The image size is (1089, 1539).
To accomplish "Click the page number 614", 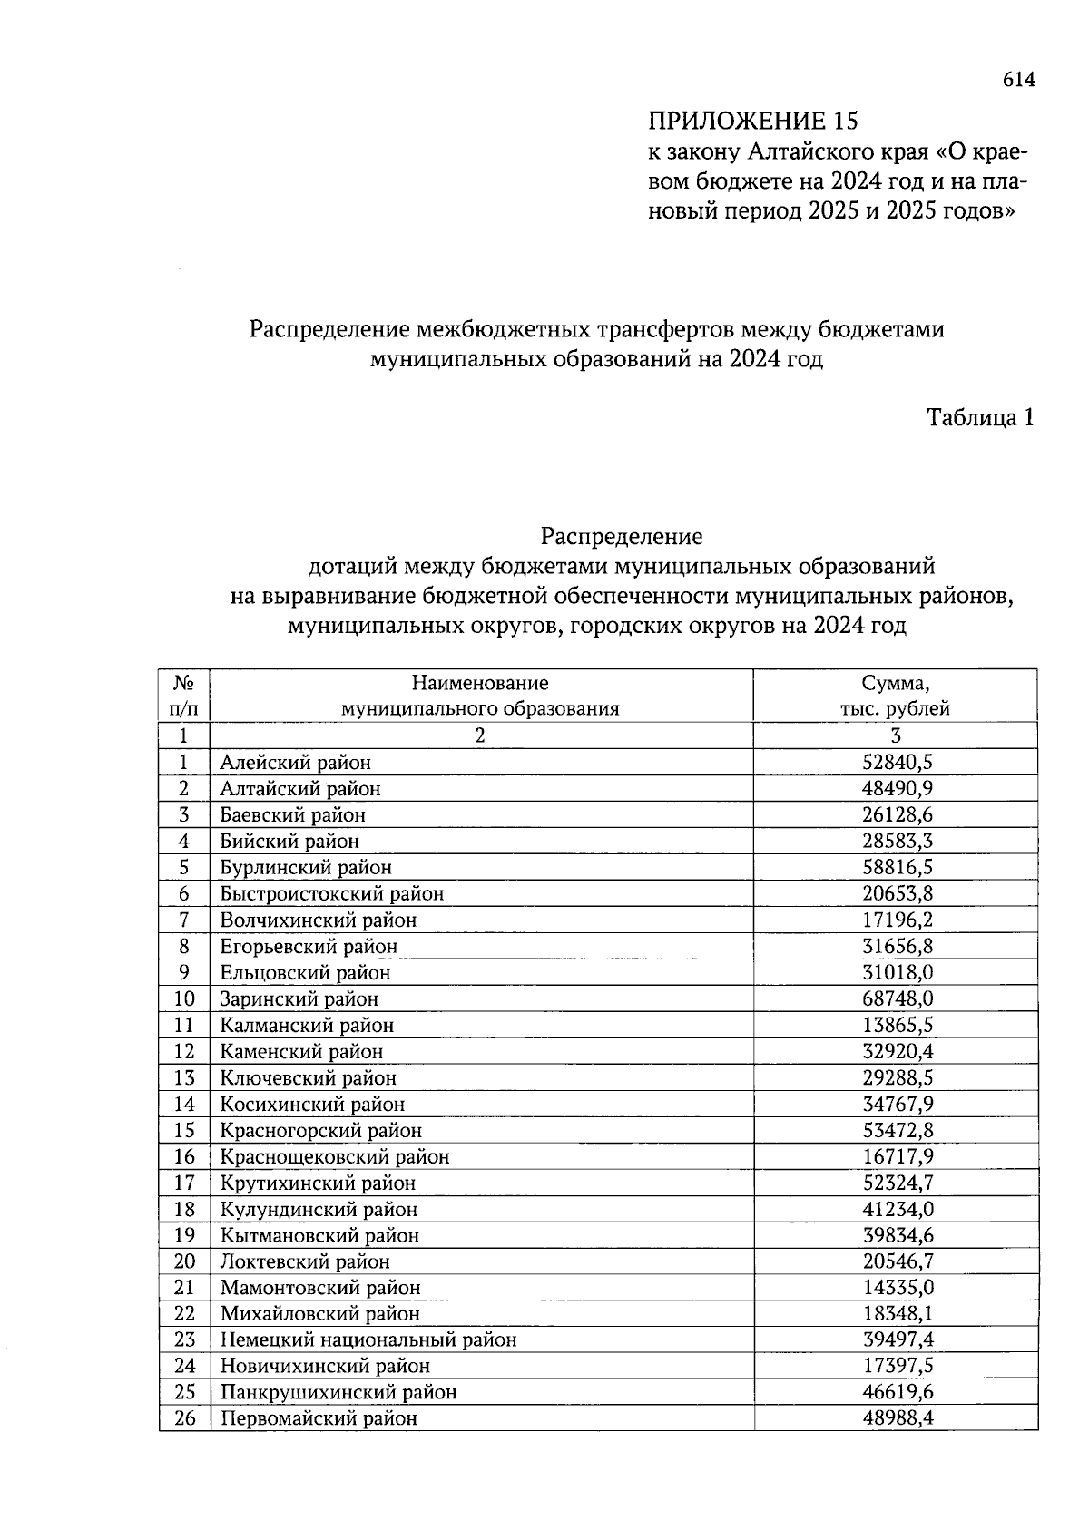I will (1018, 81).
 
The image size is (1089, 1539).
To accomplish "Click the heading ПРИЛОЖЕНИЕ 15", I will (752, 121).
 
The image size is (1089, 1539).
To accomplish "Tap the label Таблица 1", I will (979, 417).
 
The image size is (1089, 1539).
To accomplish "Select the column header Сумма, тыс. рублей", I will (895, 696).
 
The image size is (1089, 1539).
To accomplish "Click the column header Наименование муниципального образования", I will (480, 696).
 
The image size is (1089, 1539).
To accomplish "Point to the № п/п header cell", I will (184, 696).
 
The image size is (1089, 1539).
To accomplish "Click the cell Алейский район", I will (295, 763).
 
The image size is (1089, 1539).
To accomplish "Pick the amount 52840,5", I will (898, 763).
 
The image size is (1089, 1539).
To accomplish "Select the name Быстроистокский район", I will (331, 894).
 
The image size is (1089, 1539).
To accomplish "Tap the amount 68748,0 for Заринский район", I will (898, 999).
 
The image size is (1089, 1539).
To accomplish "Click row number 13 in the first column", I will (184, 1078).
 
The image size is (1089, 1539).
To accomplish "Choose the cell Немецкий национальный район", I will (368, 1339).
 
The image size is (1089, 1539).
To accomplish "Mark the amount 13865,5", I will (898, 1026).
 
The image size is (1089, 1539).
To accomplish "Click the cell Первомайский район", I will (318, 1418).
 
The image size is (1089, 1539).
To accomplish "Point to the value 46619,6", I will (898, 1392).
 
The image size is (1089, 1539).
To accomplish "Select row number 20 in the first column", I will (184, 1261).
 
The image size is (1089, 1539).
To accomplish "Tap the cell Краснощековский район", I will (334, 1157).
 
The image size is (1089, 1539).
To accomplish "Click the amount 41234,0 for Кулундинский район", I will (898, 1209).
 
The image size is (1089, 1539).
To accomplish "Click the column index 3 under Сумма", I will (895, 735).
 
